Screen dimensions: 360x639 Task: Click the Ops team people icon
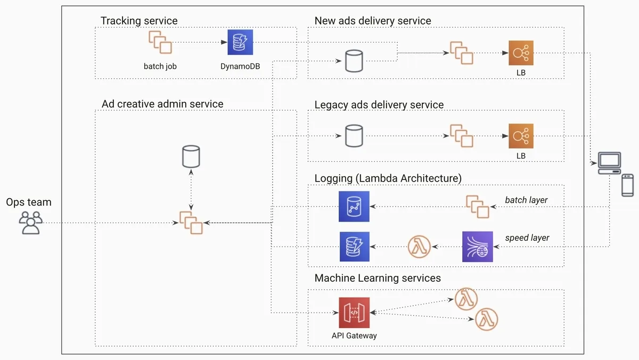30,223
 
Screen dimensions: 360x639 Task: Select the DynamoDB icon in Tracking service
240,42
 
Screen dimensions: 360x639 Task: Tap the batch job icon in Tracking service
160,42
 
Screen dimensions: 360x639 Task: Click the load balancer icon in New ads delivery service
521,53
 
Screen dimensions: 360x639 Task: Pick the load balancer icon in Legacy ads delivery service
521,136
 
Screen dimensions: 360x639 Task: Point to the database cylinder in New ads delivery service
354,61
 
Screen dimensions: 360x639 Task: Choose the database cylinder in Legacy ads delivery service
354,136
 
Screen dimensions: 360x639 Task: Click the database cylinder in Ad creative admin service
191,156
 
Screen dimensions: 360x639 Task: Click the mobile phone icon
628,184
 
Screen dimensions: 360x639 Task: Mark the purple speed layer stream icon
478,247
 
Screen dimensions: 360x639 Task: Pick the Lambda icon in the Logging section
419,247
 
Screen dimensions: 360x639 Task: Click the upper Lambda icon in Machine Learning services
466,299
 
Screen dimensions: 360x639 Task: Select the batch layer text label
526,200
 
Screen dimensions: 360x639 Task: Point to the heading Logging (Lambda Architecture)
388,178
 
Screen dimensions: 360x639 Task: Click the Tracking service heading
139,21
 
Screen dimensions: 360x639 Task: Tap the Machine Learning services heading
378,278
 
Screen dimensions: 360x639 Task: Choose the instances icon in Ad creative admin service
191,223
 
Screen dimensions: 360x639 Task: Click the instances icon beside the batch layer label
477,207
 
